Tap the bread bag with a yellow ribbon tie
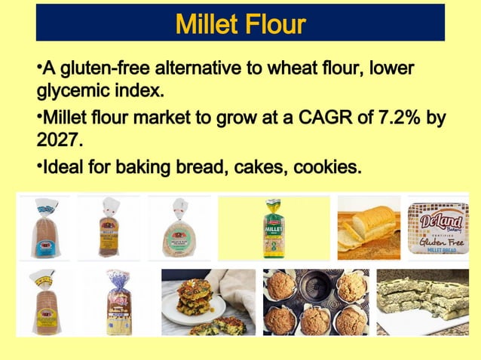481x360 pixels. [x=44, y=301]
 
